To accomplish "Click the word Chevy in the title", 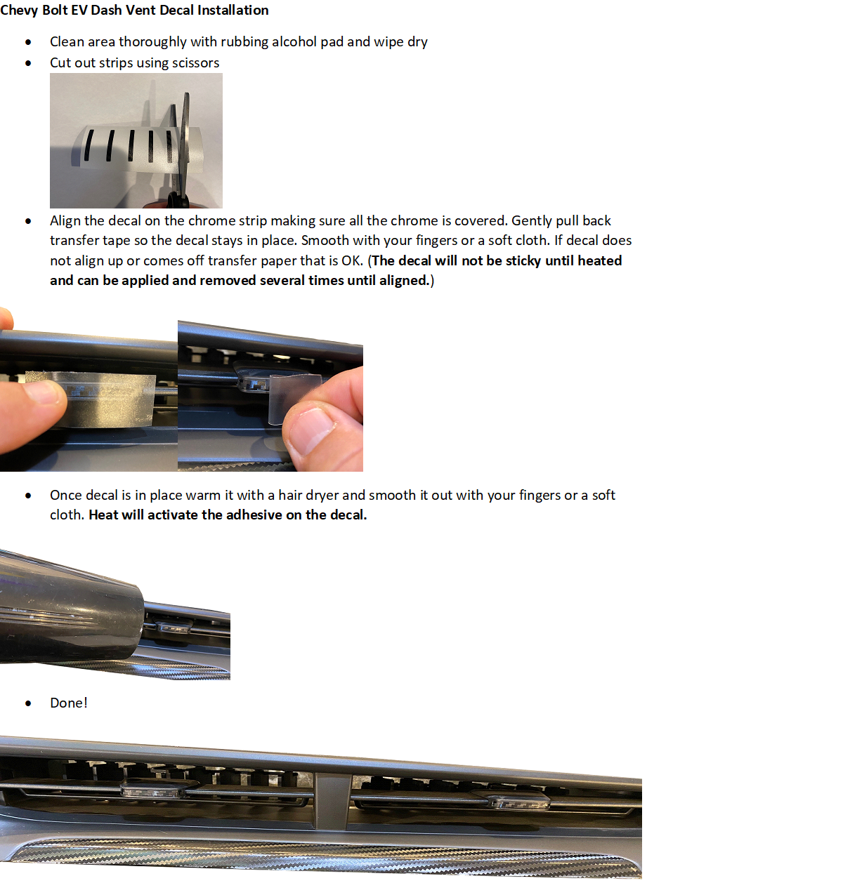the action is (x=19, y=11).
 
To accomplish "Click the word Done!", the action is (x=69, y=703).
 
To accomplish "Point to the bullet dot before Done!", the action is (x=28, y=703).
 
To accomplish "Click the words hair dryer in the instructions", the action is (x=308, y=495).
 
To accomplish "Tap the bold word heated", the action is (x=599, y=260).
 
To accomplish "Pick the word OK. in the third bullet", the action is (x=352, y=260).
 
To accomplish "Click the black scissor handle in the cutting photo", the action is (x=178, y=200).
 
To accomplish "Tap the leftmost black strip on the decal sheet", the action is (x=89, y=145).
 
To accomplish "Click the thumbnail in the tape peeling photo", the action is (x=311, y=430).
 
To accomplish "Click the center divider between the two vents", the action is (x=332, y=801).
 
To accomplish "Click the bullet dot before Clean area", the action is (x=28, y=42).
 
